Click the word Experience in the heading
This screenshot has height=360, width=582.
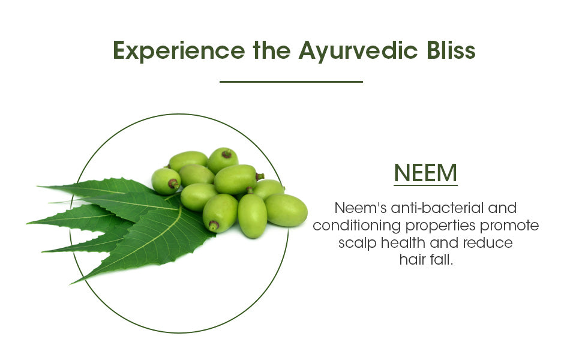tap(179, 51)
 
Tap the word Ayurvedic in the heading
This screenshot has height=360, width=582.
tap(358, 51)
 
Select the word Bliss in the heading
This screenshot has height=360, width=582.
tap(451, 50)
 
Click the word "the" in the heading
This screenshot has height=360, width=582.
tap(272, 50)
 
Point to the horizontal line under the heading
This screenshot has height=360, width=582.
tap(292, 82)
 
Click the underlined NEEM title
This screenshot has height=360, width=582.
tap(425, 173)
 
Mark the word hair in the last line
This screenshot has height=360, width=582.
tap(411, 259)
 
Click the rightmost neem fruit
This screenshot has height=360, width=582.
tap(286, 209)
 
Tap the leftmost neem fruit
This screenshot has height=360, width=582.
tap(166, 181)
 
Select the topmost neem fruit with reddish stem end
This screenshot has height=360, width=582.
tap(223, 160)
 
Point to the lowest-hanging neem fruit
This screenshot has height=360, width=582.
tap(253, 216)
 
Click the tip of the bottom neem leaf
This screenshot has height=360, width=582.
tap(71, 284)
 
